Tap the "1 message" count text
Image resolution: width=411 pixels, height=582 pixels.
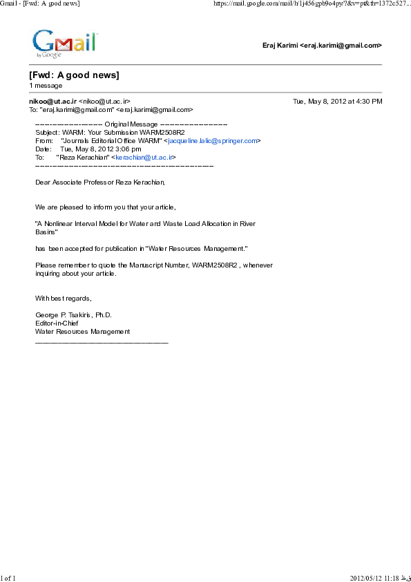[46, 86]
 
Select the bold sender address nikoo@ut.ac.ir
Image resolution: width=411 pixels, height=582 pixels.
[52, 101]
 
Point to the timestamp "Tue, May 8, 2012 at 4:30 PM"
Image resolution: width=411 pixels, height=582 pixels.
[337, 101]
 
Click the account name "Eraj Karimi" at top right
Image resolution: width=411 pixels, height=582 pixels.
[280, 46]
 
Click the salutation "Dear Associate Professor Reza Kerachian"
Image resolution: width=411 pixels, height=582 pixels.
[100, 182]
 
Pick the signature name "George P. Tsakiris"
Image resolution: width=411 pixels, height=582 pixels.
[64, 315]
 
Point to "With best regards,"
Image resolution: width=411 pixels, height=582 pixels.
[63, 298]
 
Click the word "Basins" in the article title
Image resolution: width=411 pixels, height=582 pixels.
[46, 232]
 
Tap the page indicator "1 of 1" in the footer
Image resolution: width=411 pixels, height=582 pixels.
[8, 577]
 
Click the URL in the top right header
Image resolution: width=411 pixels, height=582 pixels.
[312, 4]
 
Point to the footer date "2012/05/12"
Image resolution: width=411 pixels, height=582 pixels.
[367, 577]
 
